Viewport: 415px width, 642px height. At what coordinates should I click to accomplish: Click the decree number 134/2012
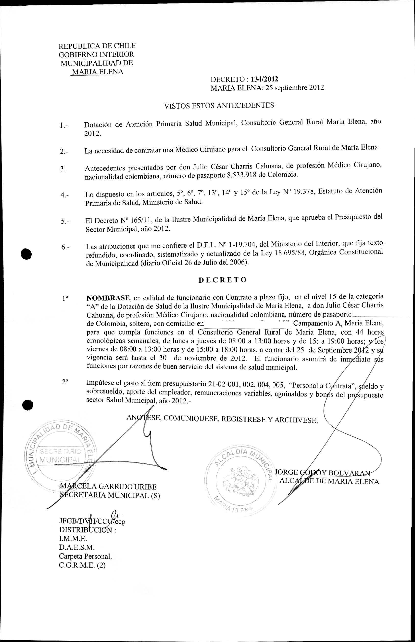264,79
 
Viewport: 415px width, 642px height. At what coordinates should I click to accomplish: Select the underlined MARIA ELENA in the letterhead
98,72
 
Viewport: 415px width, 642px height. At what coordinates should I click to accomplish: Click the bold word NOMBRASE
108,298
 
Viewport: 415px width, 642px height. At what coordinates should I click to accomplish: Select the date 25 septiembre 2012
295,88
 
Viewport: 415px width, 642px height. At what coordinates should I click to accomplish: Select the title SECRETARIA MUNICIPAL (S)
110,495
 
